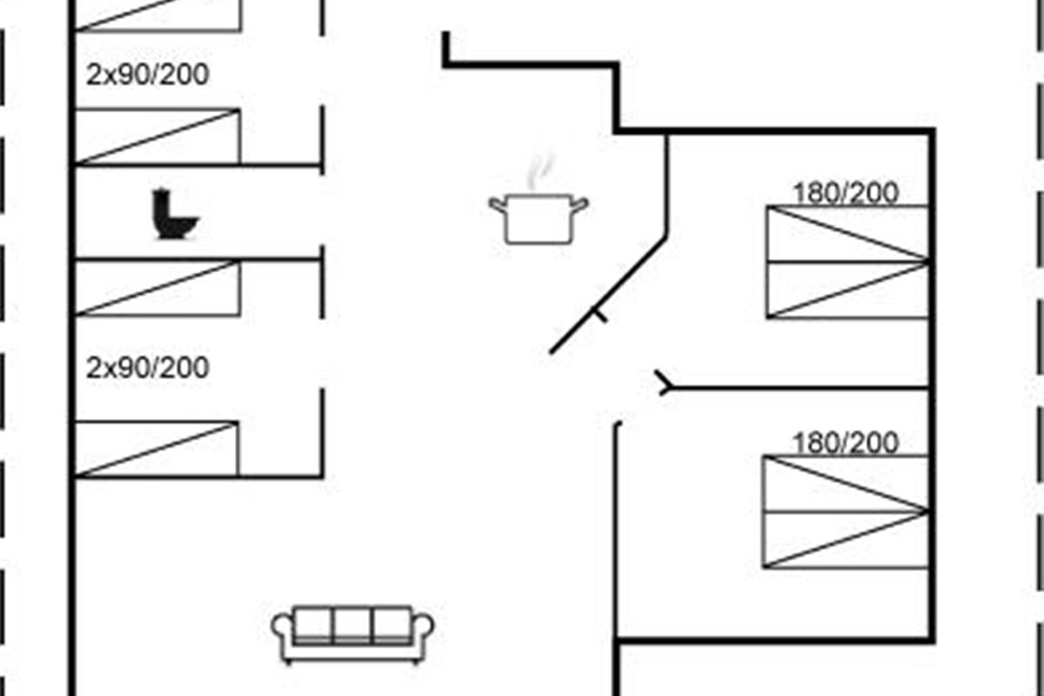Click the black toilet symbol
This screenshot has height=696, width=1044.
[175, 215]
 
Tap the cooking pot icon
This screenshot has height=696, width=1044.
[538, 218]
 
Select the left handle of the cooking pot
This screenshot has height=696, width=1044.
[498, 205]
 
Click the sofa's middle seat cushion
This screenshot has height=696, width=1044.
[352, 625]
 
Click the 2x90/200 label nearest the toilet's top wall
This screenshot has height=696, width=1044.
[148, 75]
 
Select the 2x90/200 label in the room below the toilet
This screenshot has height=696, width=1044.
[148, 368]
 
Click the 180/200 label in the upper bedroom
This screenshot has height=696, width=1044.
[845, 193]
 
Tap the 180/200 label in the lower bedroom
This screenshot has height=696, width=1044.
[845, 444]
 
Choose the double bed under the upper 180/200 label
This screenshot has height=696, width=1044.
[847, 262]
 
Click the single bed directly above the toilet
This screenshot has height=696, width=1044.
[157, 137]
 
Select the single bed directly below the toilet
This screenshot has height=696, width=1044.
[157, 288]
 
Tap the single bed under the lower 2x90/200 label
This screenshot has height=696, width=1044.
[157, 449]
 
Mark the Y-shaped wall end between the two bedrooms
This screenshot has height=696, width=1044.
[665, 384]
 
